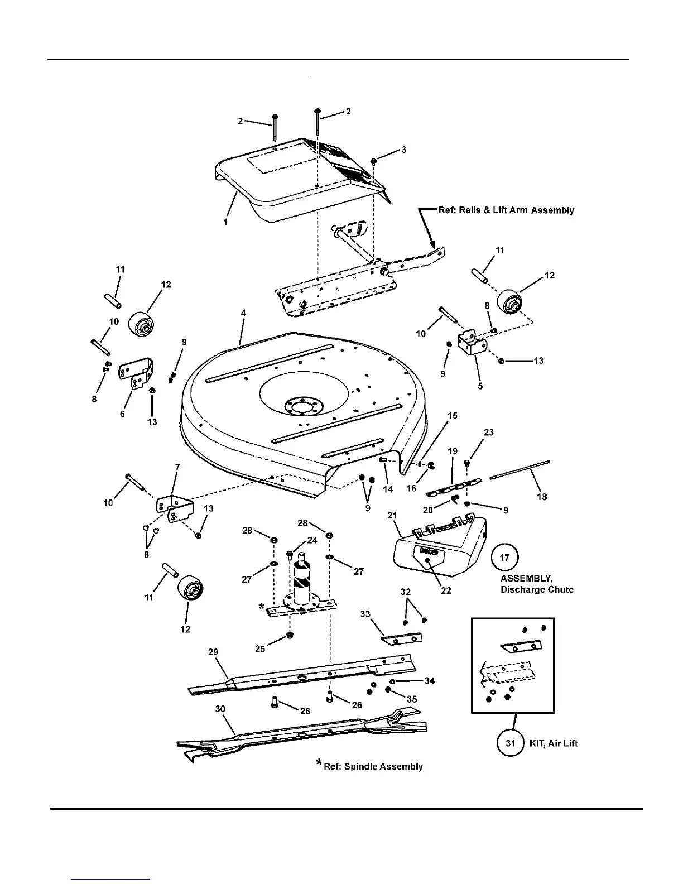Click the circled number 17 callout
coord(507,558)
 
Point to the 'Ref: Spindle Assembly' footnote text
coord(373,767)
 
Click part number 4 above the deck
coord(243,314)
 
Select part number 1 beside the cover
coord(225,222)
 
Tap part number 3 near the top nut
coord(403,150)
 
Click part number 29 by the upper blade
coord(213,652)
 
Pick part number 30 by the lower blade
coord(220,709)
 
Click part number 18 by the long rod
coord(541,497)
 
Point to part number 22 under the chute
coord(446,590)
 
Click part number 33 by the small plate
coord(365,614)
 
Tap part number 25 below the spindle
coord(260,650)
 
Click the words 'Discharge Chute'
coord(537,589)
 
